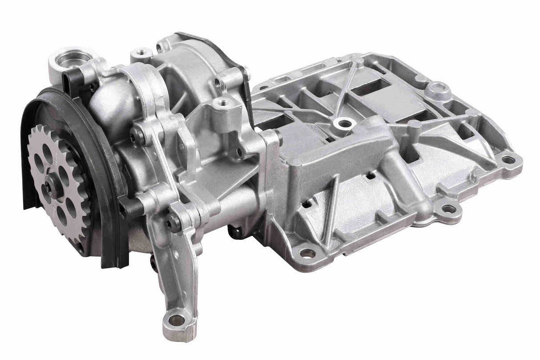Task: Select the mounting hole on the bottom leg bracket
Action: coord(177,319)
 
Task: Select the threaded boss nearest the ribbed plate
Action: coord(222,105)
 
